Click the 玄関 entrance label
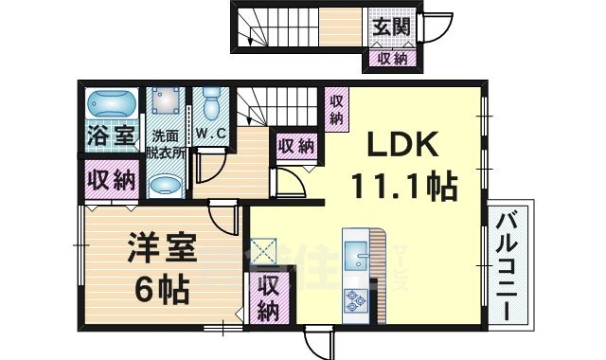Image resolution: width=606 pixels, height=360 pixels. pyautogui.click(x=389, y=27)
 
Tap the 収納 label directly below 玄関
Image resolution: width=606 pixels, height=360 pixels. pyautogui.click(x=389, y=60)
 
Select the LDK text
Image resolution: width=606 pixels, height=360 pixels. pyautogui.click(x=397, y=146)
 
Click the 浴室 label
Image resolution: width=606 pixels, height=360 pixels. pyautogui.click(x=111, y=135)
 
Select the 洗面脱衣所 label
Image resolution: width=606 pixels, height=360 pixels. pyautogui.click(x=168, y=141)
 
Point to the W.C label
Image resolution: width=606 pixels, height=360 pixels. pyautogui.click(x=211, y=133)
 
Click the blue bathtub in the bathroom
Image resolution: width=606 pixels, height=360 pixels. pyautogui.click(x=110, y=103)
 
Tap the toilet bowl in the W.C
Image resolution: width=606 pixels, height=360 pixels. pyautogui.click(x=211, y=99)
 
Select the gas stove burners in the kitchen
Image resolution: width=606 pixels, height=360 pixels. pyautogui.click(x=357, y=301)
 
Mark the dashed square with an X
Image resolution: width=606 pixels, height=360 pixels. pyautogui.click(x=262, y=252)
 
